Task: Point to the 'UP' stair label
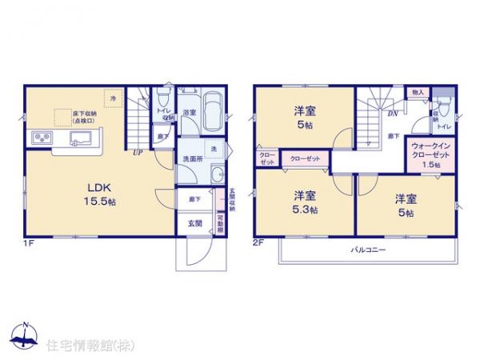[x=138, y=153]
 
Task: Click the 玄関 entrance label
[x=195, y=222]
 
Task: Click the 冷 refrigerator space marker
[x=114, y=98]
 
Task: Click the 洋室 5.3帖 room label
[x=303, y=202]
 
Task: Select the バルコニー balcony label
[x=368, y=250]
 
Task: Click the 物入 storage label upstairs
[x=418, y=93]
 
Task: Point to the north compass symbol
[x=25, y=337]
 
